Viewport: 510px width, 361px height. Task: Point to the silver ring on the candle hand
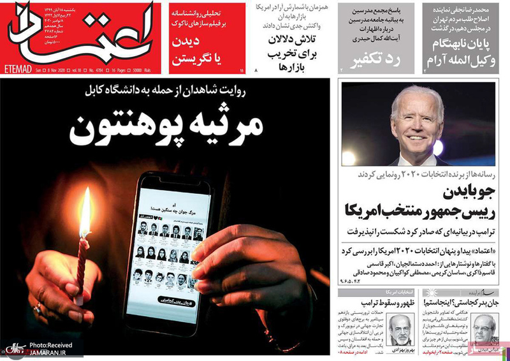pos(36,308)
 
